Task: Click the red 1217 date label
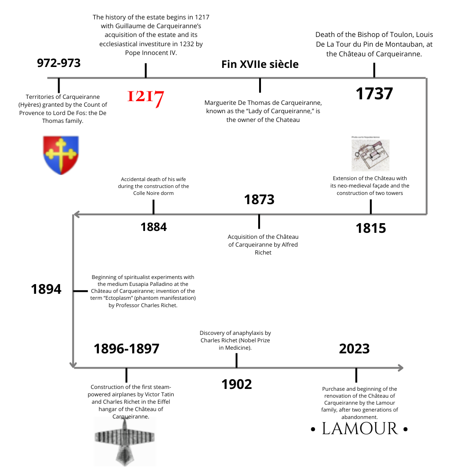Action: click(146, 97)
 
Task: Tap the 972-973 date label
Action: click(59, 63)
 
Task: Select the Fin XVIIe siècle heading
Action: click(260, 64)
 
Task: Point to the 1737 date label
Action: click(374, 93)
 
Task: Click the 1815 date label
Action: click(371, 228)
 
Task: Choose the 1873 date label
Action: click(259, 200)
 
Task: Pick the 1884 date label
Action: click(153, 227)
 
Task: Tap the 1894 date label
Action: click(46, 289)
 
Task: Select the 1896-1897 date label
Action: click(127, 349)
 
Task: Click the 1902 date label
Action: click(236, 384)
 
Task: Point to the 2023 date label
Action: click(354, 349)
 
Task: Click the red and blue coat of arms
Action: click(61, 155)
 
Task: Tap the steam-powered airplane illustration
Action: click(125, 441)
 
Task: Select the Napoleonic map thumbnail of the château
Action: click(370, 154)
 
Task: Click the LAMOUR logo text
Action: click(359, 429)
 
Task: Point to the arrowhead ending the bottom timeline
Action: click(401, 368)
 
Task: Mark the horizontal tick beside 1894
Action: click(80, 291)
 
